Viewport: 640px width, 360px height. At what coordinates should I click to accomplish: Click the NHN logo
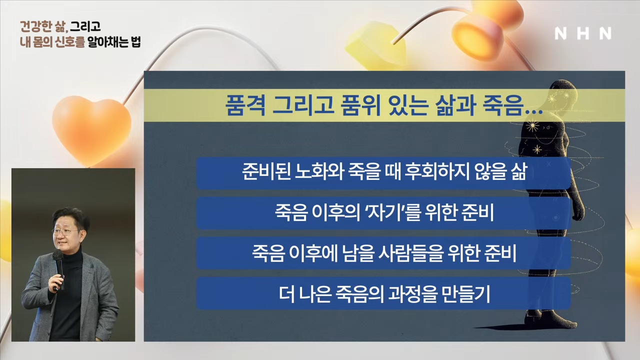(583, 33)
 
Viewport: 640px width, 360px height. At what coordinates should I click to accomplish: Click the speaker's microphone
(58, 268)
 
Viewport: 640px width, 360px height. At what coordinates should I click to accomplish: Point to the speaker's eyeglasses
(65, 231)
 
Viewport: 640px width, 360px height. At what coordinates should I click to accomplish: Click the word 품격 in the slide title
(245, 105)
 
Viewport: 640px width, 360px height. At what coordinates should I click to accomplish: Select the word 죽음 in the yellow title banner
(503, 105)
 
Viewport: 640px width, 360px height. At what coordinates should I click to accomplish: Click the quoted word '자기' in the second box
(385, 212)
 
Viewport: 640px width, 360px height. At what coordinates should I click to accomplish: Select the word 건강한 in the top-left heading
(36, 26)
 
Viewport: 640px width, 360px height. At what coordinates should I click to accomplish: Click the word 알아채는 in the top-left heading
(107, 42)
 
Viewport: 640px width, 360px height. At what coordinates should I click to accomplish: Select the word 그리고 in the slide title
(303, 105)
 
